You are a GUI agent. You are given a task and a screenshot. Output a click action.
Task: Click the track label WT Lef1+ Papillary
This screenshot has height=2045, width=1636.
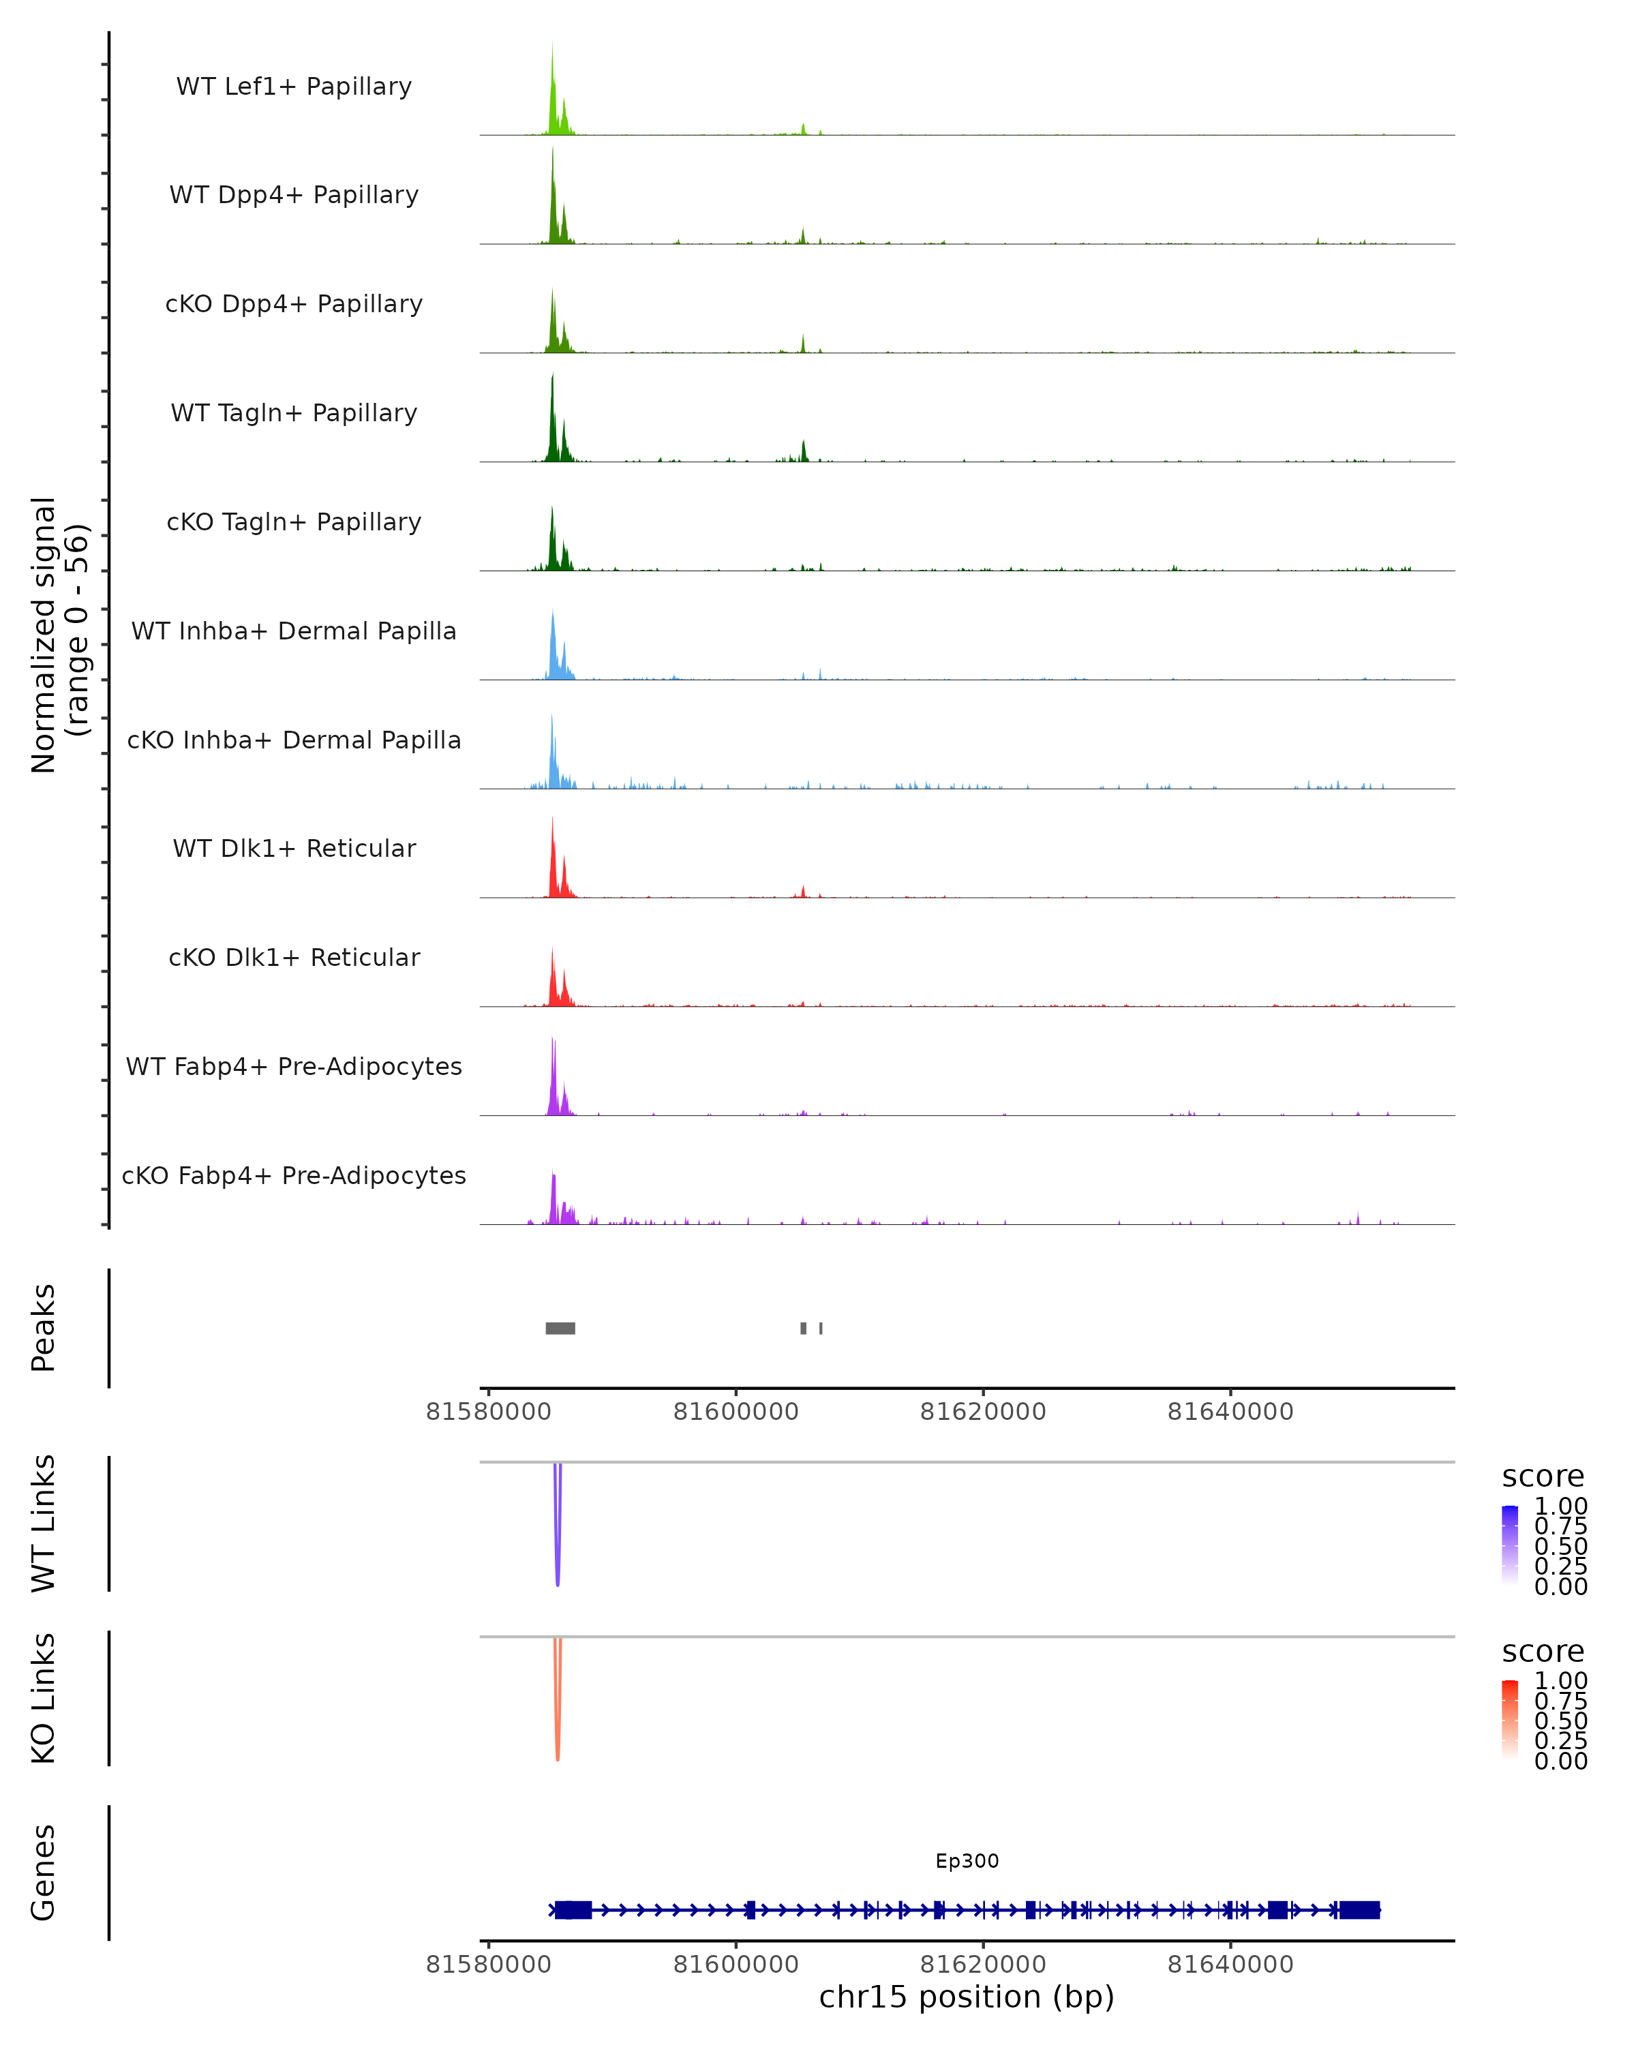(x=294, y=87)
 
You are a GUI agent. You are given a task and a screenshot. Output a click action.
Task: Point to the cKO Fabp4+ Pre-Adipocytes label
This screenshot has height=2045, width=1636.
(x=294, y=1175)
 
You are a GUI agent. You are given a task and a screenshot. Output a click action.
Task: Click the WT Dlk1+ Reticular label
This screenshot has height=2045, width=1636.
(x=294, y=848)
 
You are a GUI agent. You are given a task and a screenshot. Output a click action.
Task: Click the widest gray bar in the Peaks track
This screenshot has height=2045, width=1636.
(x=560, y=1328)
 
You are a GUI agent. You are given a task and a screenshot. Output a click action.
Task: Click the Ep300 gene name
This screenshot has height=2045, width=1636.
(x=967, y=1861)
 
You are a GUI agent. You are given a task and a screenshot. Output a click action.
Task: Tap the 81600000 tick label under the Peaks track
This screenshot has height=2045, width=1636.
(x=736, y=1412)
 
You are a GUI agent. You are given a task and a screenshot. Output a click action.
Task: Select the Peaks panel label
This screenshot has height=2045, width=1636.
(x=44, y=1328)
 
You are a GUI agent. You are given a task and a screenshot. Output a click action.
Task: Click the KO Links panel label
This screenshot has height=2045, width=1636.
(x=44, y=1698)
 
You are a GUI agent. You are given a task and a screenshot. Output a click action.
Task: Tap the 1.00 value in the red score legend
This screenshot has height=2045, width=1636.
(x=1561, y=1681)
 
